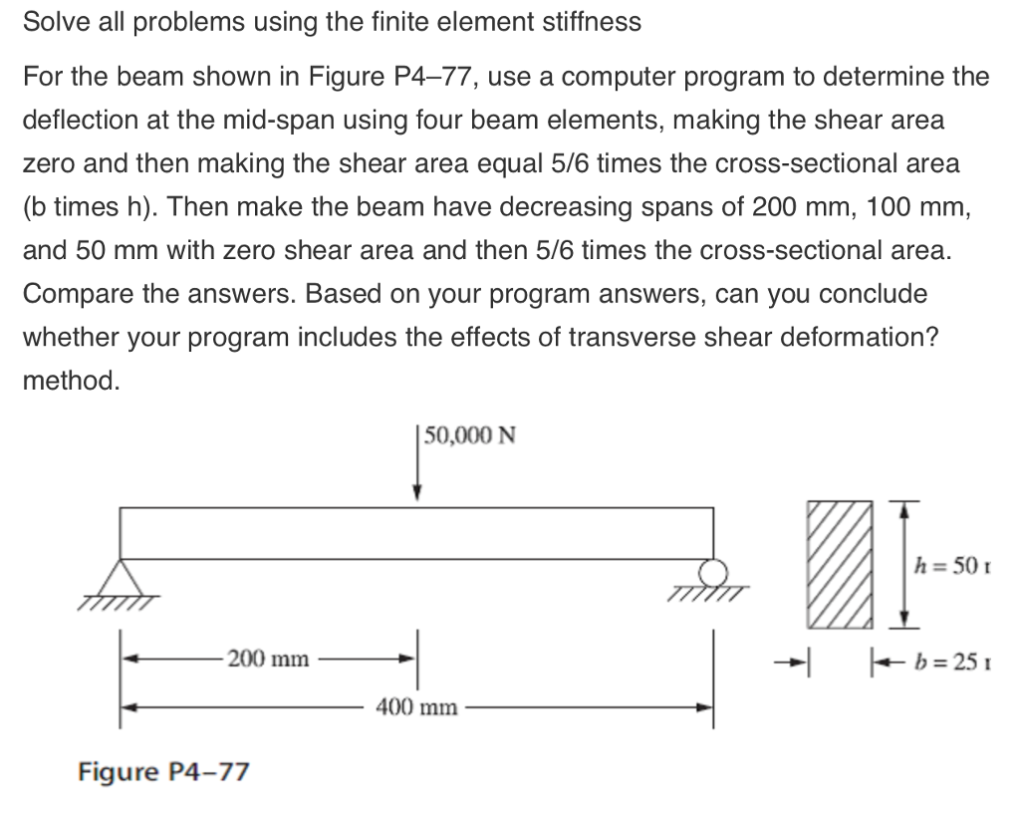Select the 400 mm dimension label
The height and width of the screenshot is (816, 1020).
417,707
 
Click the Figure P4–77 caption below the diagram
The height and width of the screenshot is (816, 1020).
163,771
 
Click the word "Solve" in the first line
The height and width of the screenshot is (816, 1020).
52,23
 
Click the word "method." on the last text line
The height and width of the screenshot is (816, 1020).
71,381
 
